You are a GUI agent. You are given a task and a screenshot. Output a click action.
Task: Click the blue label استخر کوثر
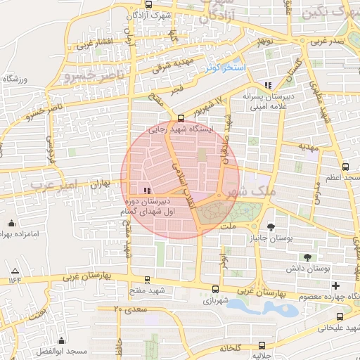click(x=224, y=68)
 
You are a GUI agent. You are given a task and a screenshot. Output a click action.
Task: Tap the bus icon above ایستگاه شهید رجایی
click(x=181, y=117)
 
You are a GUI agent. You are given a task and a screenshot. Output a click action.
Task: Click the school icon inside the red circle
click(x=146, y=191)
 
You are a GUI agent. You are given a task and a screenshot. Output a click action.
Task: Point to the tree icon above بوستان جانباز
click(x=271, y=226)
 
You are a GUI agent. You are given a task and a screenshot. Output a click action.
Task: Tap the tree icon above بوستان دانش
click(x=307, y=257)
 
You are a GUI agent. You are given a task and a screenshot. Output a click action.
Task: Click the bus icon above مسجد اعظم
click(x=345, y=167)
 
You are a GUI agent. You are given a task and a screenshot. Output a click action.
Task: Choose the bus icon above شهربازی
click(x=214, y=288)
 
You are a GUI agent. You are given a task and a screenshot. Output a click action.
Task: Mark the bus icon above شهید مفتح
click(x=146, y=279)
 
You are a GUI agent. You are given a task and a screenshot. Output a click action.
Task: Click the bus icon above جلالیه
click(x=262, y=345)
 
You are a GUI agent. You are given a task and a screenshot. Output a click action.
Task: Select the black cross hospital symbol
click(x=335, y=285)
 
